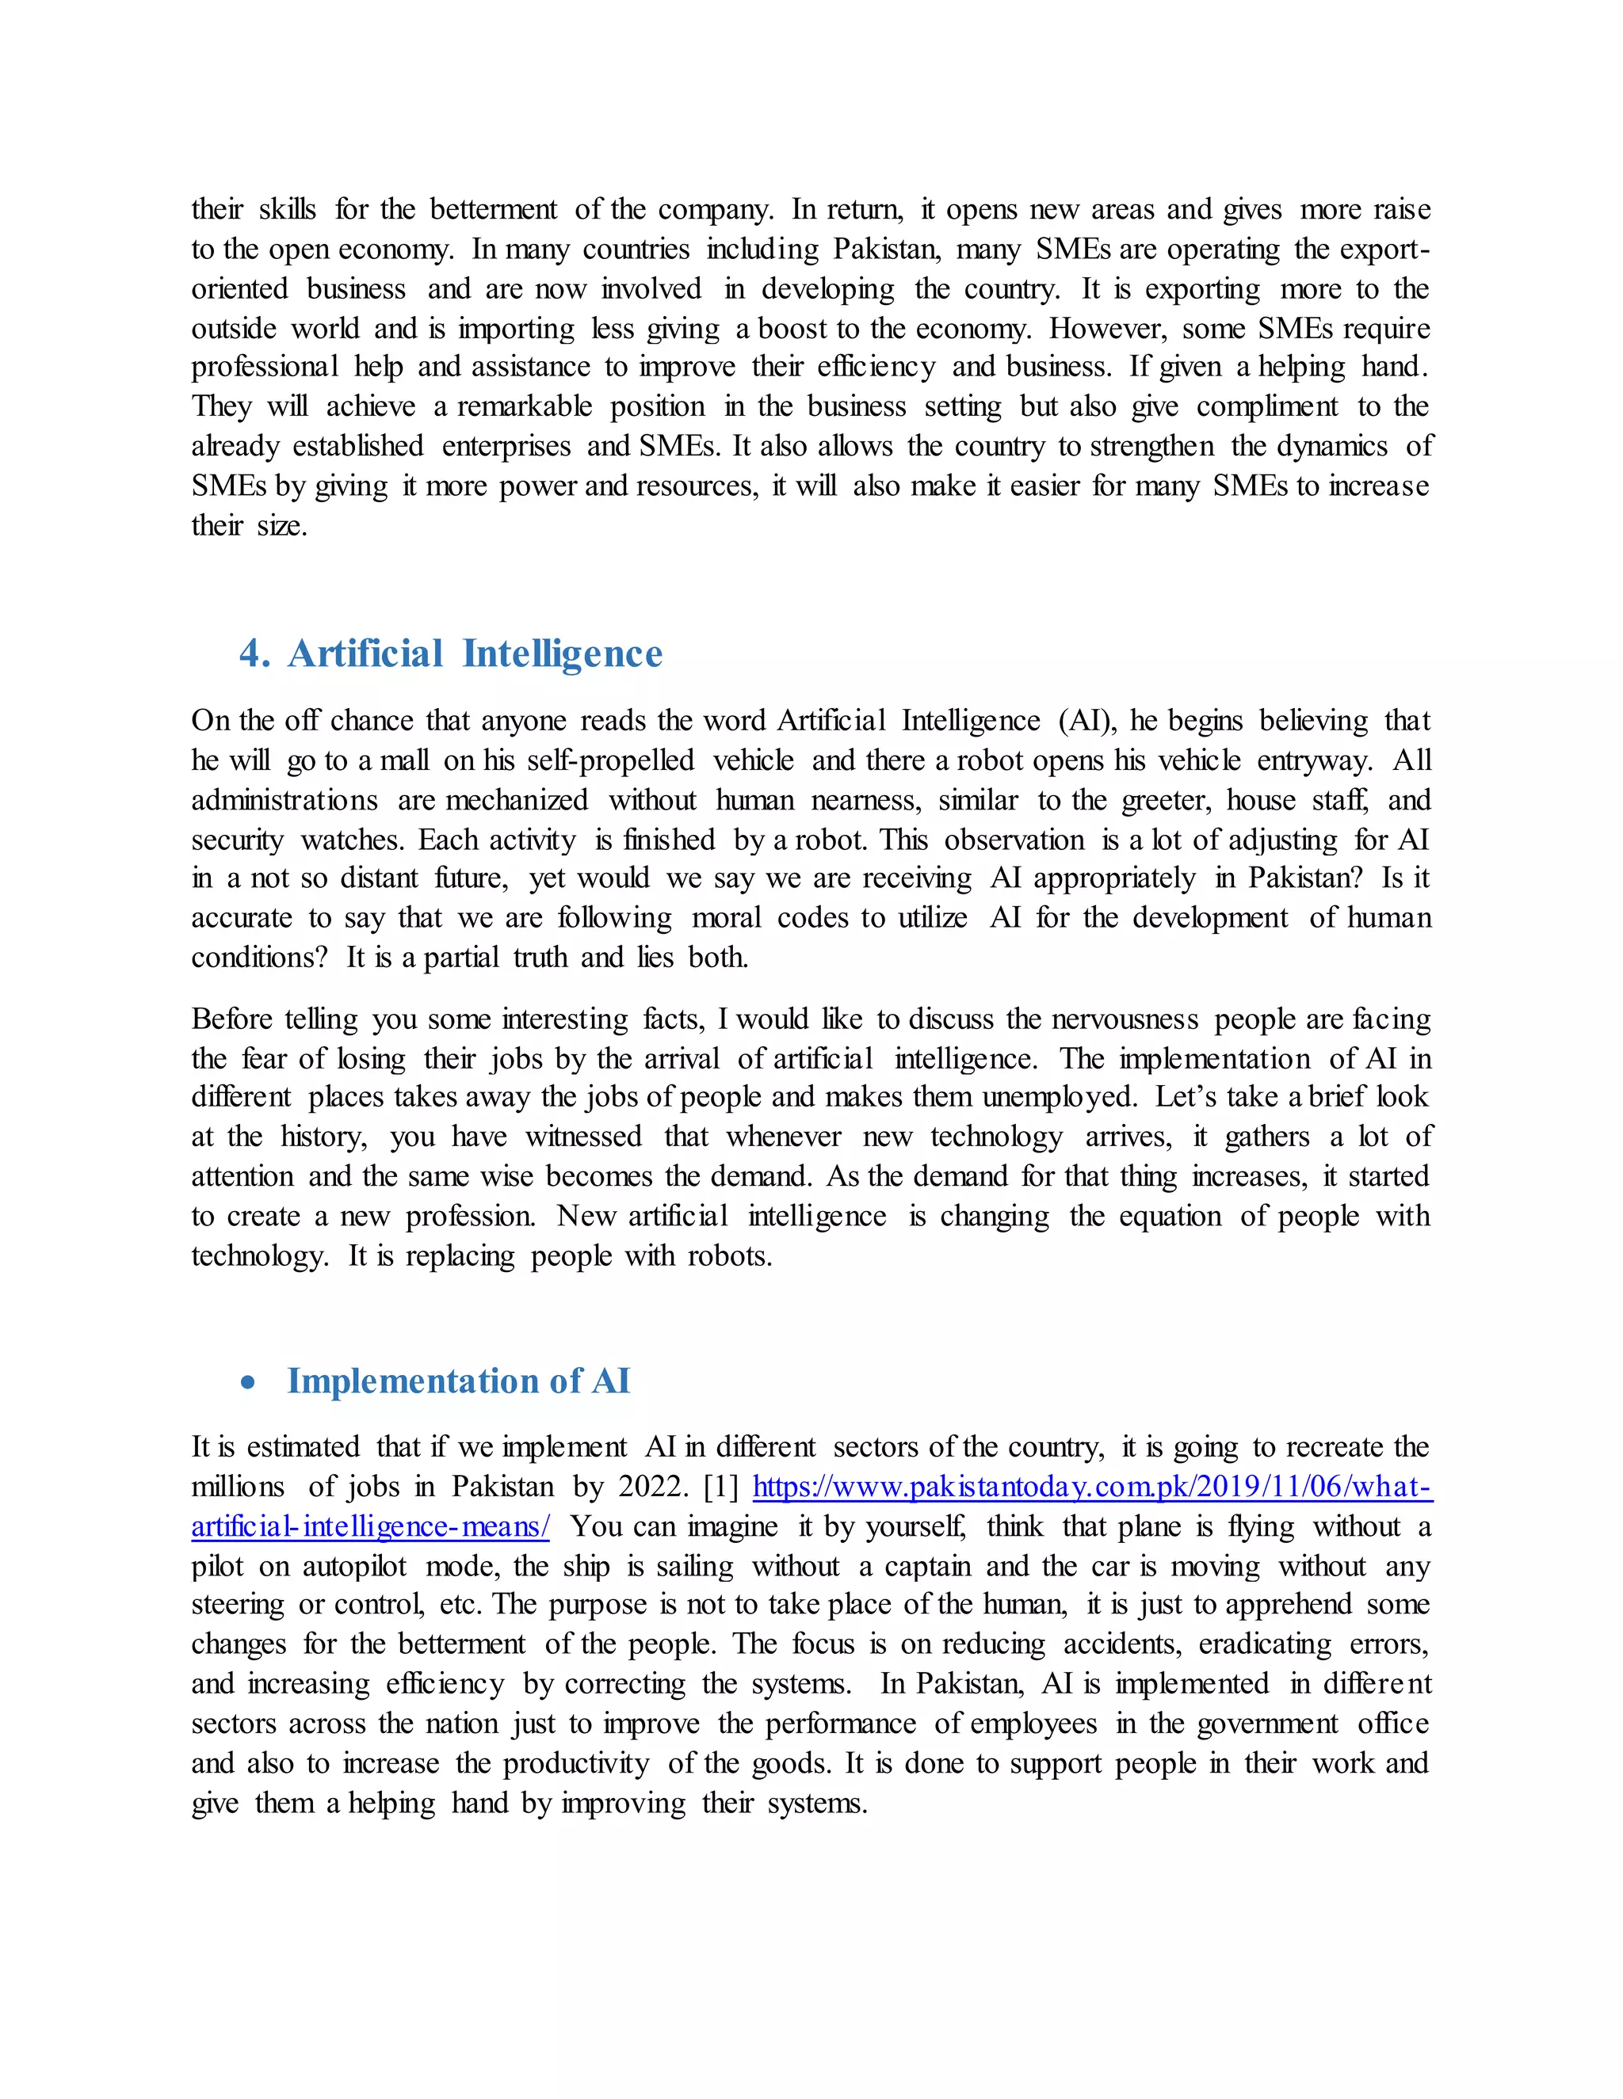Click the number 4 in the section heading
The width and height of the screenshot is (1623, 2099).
[252, 653]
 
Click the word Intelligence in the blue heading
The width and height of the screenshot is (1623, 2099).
[562, 653]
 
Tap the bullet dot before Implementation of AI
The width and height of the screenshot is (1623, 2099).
[249, 1382]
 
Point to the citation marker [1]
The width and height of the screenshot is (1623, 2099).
[721, 1487]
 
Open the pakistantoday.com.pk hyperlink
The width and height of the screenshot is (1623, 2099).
[1091, 1487]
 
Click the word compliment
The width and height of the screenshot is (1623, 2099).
[1266, 406]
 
